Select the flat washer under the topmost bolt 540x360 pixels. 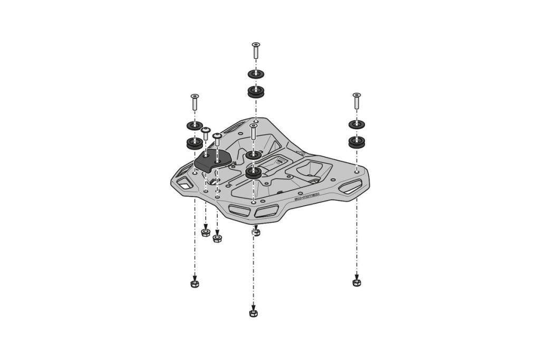(x=256, y=74)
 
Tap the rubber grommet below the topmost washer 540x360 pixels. (x=256, y=92)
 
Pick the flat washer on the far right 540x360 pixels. (x=356, y=124)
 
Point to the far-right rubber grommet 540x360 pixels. (x=356, y=142)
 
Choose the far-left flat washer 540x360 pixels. (x=195, y=125)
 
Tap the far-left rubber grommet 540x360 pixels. (x=195, y=143)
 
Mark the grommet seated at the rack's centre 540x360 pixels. (x=253, y=172)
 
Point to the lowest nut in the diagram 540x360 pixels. (x=253, y=313)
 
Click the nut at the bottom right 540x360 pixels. (x=356, y=283)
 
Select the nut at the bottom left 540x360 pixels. (x=195, y=284)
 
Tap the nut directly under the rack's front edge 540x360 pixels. (x=256, y=232)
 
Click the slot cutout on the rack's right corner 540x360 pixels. (x=350, y=186)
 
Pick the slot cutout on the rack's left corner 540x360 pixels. (x=185, y=183)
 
